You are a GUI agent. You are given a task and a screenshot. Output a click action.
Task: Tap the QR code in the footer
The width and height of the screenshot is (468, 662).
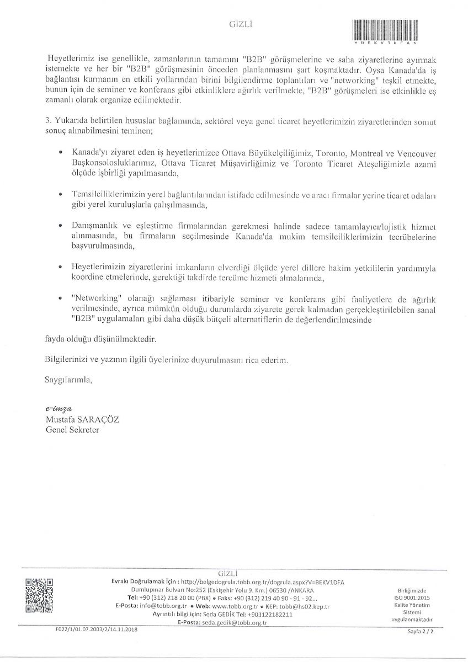[39, 595]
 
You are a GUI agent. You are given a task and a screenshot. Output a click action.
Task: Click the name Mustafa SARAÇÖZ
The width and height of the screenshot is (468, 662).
[83, 420]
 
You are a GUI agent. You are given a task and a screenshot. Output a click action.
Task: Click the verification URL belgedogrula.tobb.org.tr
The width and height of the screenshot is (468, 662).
[248, 581]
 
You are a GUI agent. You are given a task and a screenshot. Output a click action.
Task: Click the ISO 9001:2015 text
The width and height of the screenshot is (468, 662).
[415, 597]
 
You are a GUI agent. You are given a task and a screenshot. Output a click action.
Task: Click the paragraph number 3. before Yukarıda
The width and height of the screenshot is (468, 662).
[47, 120]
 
